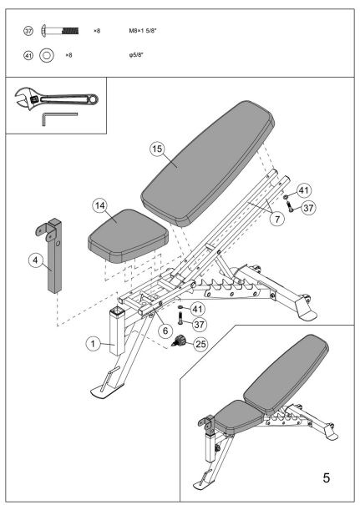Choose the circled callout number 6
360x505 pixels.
point(165,331)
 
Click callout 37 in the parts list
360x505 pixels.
point(31,30)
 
